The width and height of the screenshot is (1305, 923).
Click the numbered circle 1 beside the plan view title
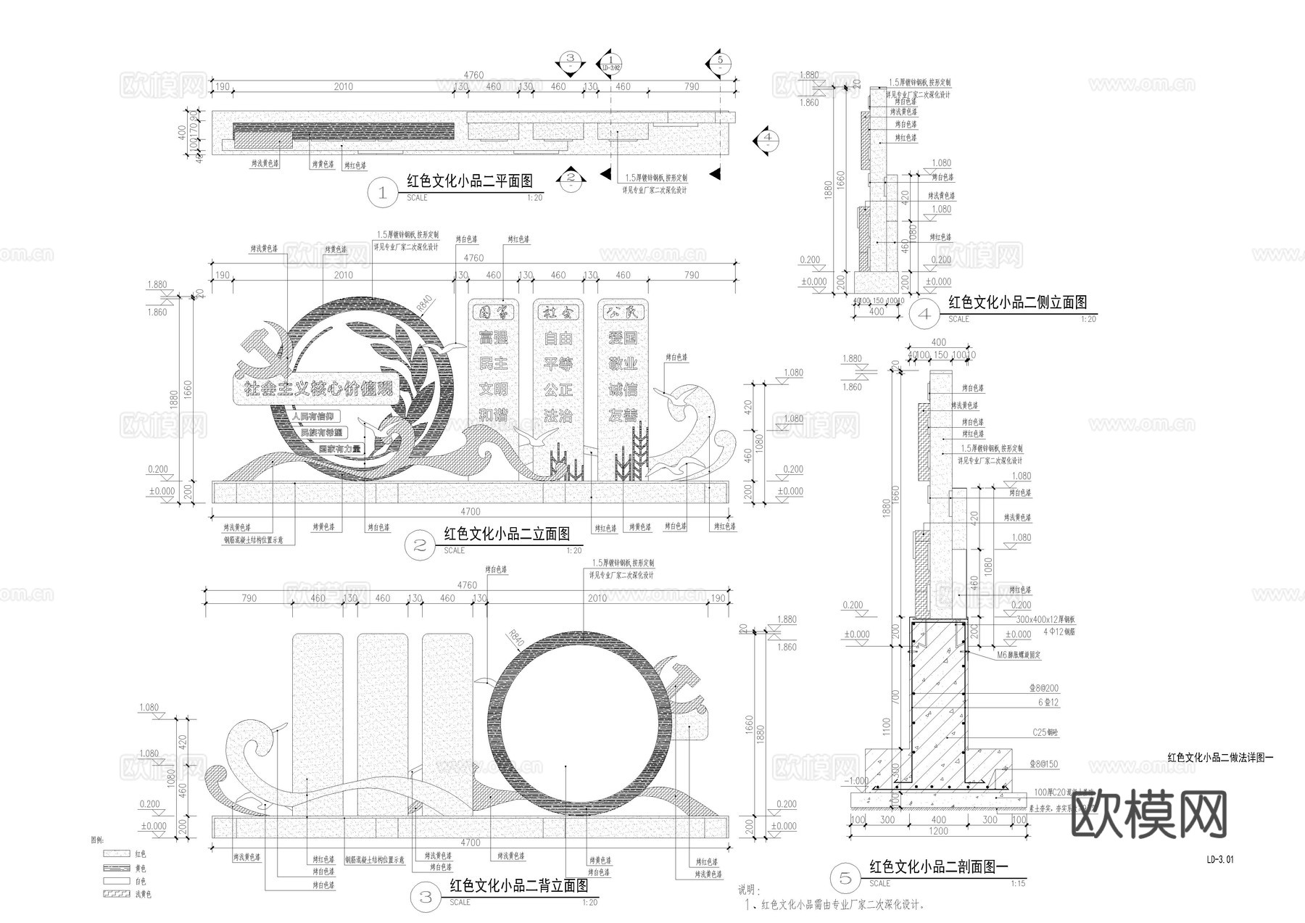pyautogui.click(x=383, y=193)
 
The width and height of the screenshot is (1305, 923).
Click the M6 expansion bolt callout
pyautogui.click(x=1018, y=655)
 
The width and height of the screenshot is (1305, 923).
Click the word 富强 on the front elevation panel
pyautogui.click(x=493, y=337)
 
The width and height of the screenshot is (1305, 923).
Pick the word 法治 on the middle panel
pyautogui.click(x=558, y=415)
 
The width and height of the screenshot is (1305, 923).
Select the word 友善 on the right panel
pyautogui.click(x=622, y=415)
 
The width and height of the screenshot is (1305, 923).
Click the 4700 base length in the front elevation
pyautogui.click(x=471, y=511)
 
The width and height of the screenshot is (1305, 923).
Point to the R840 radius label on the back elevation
pyautogui.click(x=514, y=639)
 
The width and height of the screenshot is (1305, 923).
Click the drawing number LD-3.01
pyautogui.click(x=1219, y=860)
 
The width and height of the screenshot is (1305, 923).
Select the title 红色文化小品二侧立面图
pyautogui.click(x=1017, y=302)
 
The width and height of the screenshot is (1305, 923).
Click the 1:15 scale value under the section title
pyautogui.click(x=1018, y=883)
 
